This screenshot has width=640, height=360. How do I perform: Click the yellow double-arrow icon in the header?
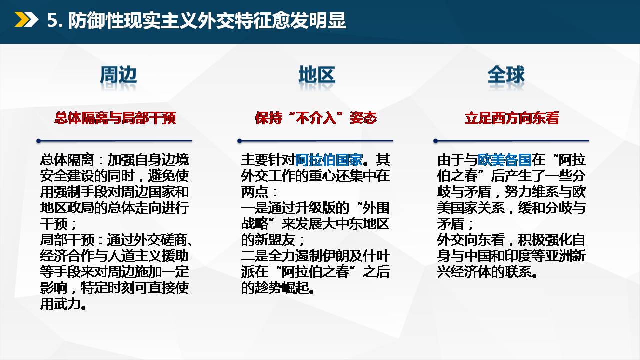coord(26,20)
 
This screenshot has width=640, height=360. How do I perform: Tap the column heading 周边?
coord(118,75)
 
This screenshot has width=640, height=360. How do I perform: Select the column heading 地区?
coord(317,75)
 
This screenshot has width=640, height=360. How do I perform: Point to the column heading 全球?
coord(506,75)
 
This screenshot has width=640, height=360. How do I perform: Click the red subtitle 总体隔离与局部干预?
coord(115,118)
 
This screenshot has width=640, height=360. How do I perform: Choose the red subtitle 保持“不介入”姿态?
coord(316,118)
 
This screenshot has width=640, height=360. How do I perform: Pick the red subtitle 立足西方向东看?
coord(512,118)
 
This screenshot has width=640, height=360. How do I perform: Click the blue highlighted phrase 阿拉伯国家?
coord(329,160)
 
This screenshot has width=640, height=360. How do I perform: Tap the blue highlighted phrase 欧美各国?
coord(504,160)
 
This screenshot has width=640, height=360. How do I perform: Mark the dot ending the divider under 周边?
coord(39,141)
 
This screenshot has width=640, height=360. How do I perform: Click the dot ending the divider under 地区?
coord(239,141)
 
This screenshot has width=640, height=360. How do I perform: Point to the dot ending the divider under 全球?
coord(435,141)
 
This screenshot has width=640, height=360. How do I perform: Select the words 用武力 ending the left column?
coord(60,304)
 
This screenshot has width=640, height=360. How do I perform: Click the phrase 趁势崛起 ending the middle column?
coord(275,288)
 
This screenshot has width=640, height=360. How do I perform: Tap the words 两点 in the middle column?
coord(255,192)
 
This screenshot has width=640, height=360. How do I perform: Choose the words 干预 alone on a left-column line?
coord(53,224)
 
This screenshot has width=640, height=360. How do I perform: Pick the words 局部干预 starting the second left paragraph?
coord(67,240)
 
